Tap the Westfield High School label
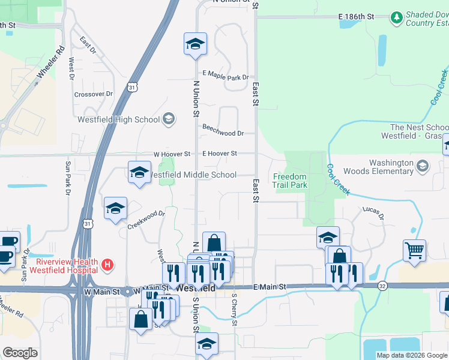[119, 119]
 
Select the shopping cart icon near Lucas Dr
[415, 250]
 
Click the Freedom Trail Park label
[290, 181]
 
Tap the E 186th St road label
[356, 16]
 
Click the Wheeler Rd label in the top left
[50, 64]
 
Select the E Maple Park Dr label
[225, 77]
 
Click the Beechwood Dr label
[223, 133]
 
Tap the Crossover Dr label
[93, 94]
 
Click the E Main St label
[271, 288]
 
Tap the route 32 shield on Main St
[382, 286]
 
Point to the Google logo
[20, 353]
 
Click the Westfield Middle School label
[192, 175]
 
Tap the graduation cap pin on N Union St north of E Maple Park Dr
[194, 44]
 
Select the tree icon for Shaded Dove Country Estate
[396, 18]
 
